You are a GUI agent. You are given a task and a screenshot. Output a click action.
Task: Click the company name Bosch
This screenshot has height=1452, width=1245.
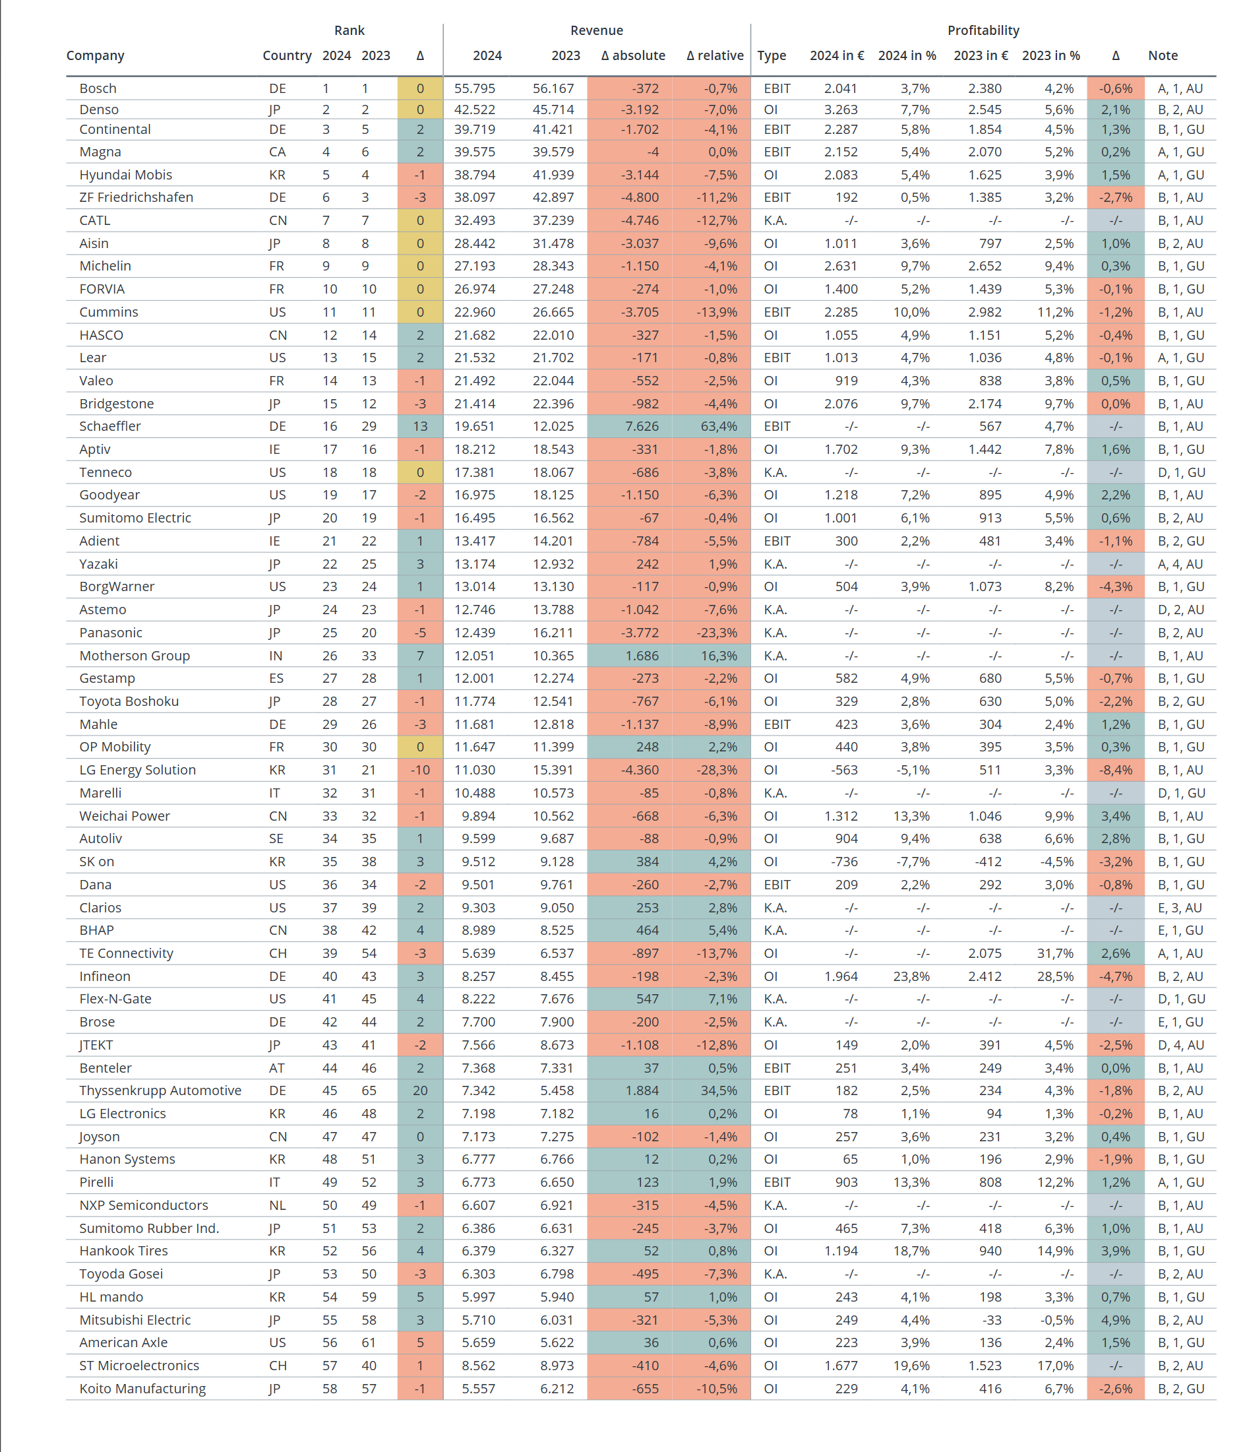98,88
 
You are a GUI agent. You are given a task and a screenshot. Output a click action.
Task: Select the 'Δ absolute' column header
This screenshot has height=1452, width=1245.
632,55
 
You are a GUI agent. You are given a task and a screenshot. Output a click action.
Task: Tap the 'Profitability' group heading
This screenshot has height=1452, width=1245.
983,30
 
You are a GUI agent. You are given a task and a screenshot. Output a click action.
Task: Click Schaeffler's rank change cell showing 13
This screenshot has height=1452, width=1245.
420,426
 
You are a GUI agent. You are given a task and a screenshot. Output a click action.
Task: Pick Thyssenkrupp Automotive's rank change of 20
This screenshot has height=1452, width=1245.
420,1090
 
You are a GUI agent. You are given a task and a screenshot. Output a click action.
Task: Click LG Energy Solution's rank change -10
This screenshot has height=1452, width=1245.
420,769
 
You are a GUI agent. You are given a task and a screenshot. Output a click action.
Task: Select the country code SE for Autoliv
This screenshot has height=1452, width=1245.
276,838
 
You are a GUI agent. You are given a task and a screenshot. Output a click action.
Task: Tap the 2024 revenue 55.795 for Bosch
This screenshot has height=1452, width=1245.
474,88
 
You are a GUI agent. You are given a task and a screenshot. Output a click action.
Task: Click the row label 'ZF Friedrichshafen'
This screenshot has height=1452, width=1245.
136,197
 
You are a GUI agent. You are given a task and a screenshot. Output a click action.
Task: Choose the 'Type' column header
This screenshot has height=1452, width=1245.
772,55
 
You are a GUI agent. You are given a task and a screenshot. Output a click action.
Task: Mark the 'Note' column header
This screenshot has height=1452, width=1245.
1163,55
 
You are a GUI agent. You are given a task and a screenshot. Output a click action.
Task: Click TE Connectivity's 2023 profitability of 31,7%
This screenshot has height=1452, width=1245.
1055,953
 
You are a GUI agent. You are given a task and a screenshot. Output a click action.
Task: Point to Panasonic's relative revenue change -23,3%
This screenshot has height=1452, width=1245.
717,632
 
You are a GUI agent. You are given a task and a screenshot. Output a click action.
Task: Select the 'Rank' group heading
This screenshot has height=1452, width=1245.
349,30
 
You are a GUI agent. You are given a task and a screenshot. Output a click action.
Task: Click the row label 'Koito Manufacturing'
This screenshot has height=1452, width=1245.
142,1388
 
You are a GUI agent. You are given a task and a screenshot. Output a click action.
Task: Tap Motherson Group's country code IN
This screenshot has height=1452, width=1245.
276,655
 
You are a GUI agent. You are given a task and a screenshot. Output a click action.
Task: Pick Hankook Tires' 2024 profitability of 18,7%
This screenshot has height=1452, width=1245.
911,1250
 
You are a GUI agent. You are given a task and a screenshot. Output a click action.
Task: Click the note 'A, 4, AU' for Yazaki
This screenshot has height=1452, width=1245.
1180,563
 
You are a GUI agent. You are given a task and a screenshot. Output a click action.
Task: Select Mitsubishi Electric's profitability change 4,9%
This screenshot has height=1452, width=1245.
1115,1319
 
